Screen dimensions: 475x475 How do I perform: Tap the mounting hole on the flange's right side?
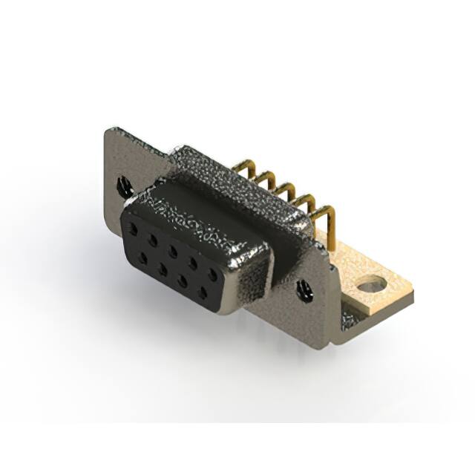304,290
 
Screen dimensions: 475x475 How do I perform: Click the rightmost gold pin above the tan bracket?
327,214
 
